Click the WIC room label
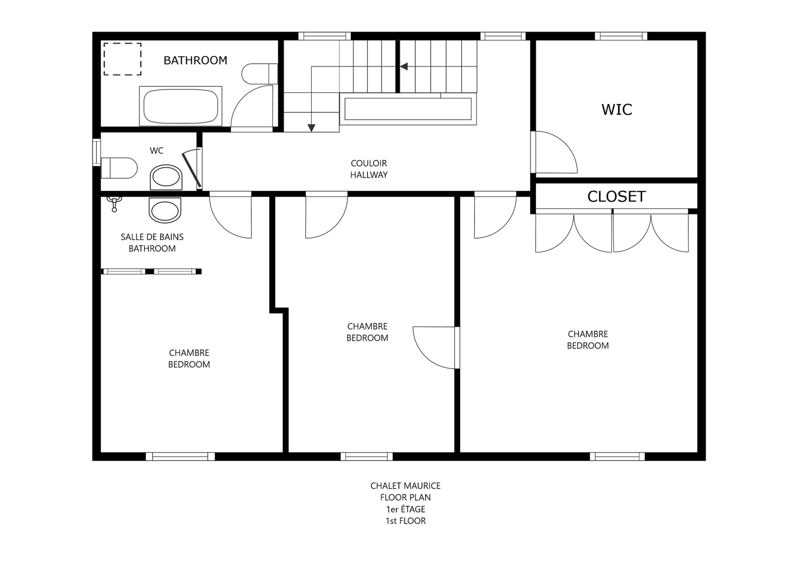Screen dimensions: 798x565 (x=617, y=109)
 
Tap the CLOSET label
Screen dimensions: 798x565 (x=616, y=196)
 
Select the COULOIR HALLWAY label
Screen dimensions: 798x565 (x=369, y=169)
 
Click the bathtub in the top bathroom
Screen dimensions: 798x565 (x=181, y=106)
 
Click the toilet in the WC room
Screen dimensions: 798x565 (x=119, y=168)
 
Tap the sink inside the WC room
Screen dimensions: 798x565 (x=166, y=177)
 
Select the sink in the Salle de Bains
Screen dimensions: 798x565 (x=165, y=210)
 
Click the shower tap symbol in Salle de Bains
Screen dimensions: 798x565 (x=114, y=204)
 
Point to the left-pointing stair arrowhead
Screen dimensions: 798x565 (x=404, y=67)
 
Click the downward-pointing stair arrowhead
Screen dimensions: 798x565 (x=311, y=128)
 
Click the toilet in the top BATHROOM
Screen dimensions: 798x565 (x=260, y=74)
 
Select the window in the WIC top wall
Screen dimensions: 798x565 (x=621, y=36)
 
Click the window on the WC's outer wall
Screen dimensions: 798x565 (x=96, y=152)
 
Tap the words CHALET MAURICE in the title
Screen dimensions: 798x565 (x=405, y=486)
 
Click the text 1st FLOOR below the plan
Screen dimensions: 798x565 (x=405, y=521)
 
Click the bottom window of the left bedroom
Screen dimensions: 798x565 (x=180, y=457)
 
